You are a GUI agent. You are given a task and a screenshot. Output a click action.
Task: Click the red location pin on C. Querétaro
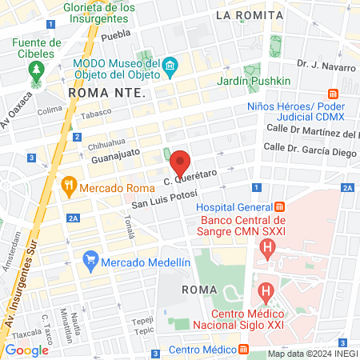[x=181, y=162]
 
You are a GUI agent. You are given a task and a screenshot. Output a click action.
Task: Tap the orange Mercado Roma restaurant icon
[x=69, y=187]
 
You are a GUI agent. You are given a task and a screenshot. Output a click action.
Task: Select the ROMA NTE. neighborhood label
[x=106, y=94]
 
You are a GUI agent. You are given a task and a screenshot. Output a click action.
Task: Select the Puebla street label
[x=116, y=34]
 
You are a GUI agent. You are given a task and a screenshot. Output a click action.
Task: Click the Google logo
[x=26, y=350]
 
